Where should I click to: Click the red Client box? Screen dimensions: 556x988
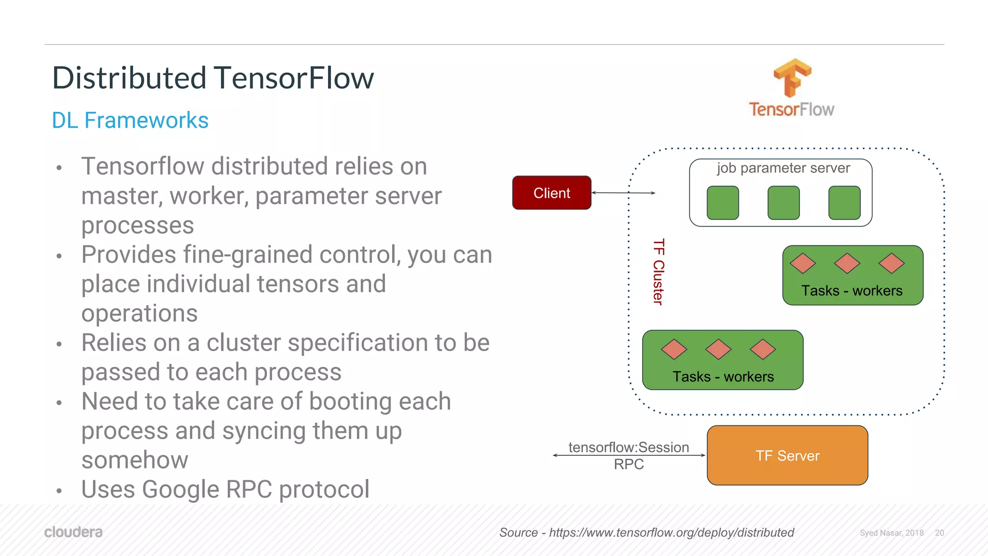point(551,193)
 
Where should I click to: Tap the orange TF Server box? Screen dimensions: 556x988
point(787,455)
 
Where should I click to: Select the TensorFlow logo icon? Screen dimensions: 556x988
point(792,78)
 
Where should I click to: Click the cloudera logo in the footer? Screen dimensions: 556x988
point(73,532)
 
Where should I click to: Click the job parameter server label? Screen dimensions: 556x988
point(783,168)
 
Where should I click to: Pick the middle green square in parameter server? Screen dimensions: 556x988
point(783,203)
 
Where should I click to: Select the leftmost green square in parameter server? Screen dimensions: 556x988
point(722,203)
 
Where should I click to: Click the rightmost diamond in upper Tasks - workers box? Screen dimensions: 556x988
point(891,263)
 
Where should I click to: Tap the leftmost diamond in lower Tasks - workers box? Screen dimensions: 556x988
point(673,349)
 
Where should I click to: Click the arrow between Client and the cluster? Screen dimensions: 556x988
point(623,193)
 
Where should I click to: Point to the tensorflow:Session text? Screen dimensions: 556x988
point(628,447)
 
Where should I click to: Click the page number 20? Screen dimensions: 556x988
point(939,533)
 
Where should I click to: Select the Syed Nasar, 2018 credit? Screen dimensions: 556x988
point(892,533)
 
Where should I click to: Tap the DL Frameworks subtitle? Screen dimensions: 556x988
point(130,120)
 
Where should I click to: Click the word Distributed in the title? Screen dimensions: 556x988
point(129,78)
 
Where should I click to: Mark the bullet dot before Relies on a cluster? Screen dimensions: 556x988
point(59,344)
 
